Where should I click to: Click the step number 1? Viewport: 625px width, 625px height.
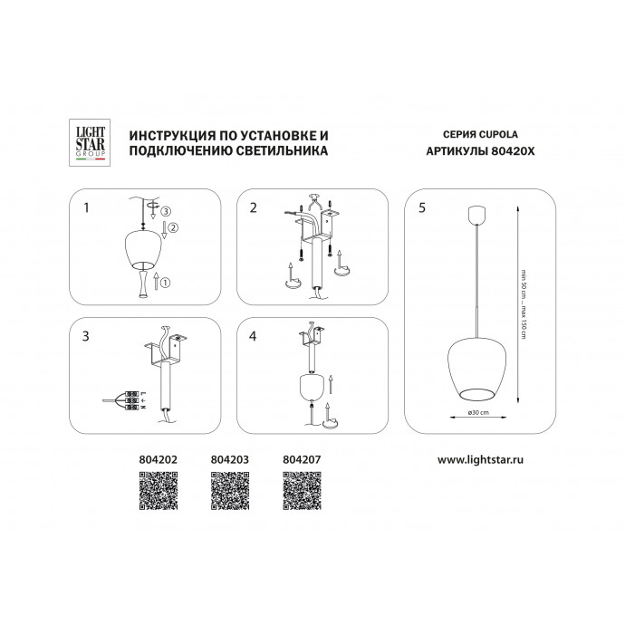[x=85, y=207]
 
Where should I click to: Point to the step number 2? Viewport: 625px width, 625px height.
[x=254, y=207]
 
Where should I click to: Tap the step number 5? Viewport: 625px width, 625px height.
[x=421, y=207]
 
